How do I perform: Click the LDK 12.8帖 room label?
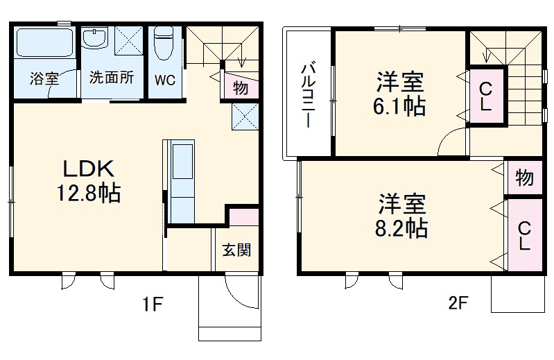tap(88, 182)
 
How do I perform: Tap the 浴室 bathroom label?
tap(44, 78)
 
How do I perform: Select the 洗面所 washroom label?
tap(111, 78)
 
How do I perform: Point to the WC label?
tap(164, 80)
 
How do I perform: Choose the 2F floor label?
tap(458, 303)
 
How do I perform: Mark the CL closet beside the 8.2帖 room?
tap(524, 235)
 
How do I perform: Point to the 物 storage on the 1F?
tap(241, 88)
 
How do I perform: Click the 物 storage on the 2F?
tap(524, 178)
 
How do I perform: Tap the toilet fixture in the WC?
tap(164, 45)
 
